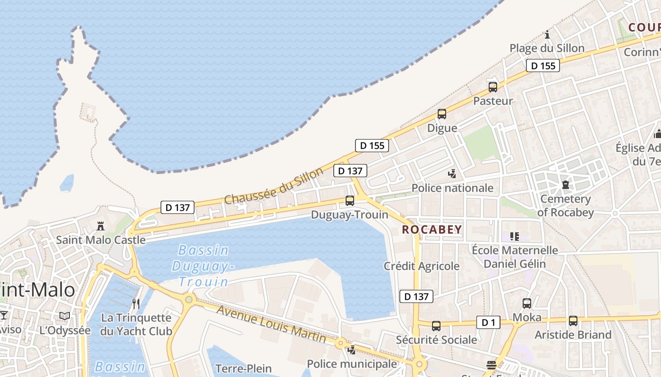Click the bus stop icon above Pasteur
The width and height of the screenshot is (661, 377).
493,87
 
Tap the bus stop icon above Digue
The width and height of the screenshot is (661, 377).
442,114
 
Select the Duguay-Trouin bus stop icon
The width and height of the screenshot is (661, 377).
350,201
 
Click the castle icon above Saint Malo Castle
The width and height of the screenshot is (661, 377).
101,226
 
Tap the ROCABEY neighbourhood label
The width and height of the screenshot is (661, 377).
432,230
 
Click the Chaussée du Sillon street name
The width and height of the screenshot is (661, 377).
274,186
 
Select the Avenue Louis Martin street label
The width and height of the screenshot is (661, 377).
271,324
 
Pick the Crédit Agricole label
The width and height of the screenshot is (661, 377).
422,266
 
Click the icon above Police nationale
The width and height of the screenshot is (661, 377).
452,174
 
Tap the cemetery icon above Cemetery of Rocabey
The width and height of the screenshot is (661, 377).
565,184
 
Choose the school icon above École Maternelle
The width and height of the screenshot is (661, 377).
515,236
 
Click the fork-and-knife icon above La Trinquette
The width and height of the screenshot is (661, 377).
136,303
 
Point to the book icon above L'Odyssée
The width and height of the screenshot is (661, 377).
65,316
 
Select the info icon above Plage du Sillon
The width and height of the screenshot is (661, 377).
547,34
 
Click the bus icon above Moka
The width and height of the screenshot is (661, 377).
527,303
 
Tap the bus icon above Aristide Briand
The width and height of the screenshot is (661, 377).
573,321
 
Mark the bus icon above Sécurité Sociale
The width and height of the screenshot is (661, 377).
436,326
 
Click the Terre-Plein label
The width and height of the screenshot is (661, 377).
243,369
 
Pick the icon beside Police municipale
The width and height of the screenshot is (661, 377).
352,350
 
